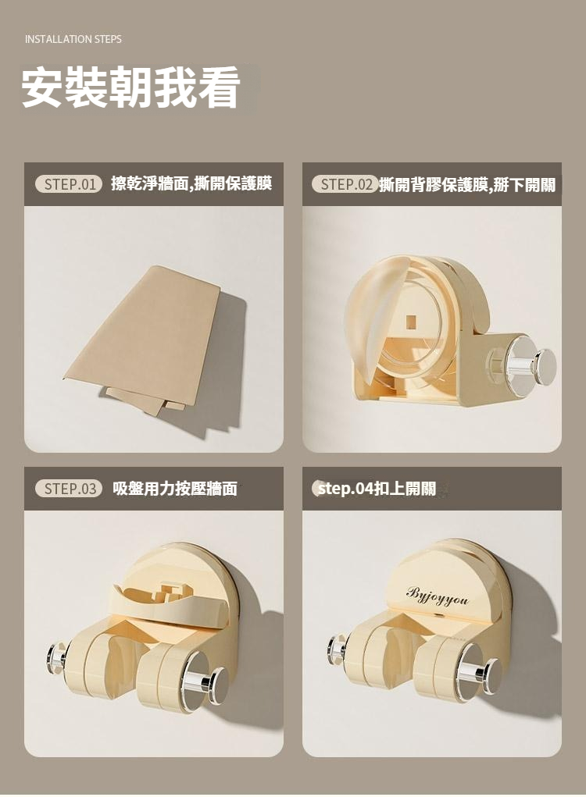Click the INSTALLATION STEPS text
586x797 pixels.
click(73, 39)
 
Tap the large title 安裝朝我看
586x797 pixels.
click(130, 87)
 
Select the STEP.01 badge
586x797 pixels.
click(69, 184)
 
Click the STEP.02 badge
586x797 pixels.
click(345, 184)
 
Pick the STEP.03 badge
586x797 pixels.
click(69, 489)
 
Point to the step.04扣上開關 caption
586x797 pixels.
click(377, 489)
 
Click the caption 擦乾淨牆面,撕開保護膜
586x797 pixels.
click(191, 183)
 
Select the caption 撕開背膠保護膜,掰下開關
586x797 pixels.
click(468, 184)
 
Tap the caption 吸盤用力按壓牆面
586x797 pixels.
click(175, 489)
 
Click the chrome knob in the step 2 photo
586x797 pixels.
click(531, 363)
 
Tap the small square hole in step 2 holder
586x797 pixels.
click(411, 322)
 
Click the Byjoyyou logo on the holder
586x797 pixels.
click(437, 596)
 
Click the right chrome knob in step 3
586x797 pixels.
click(209, 685)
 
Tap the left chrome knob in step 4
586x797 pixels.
click(338, 649)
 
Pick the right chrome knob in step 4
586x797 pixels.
click(481, 674)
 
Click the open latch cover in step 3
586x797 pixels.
click(168, 603)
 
